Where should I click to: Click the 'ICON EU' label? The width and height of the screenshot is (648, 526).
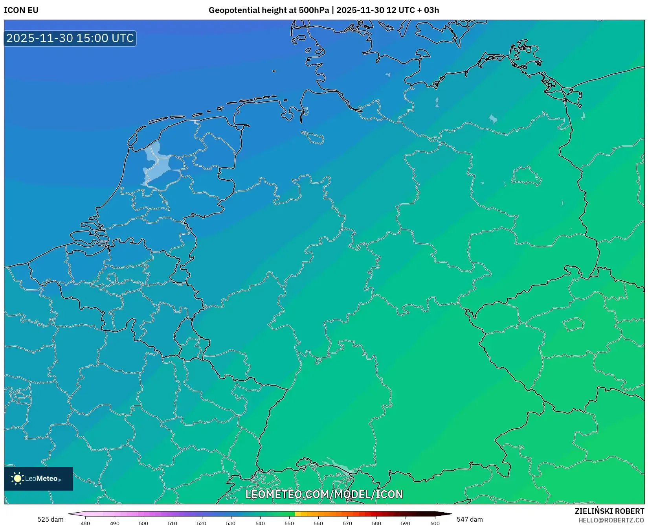pos(21,10)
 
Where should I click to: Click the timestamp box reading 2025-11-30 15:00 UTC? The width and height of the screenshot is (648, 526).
pos(70,38)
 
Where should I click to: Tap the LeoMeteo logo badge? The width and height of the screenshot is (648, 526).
pos(39,478)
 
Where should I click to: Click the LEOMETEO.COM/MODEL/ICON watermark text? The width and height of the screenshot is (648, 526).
pos(324,494)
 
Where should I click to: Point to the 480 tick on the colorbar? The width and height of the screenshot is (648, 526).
pos(85,523)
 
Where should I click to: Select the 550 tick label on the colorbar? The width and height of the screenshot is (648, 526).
pos(289,523)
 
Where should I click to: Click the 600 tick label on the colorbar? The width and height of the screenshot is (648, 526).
pos(435,523)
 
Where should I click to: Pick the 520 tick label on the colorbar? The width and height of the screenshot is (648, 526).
pos(202,523)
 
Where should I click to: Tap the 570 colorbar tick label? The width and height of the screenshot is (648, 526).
pos(347,523)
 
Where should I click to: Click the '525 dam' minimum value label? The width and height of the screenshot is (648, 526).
pos(50,519)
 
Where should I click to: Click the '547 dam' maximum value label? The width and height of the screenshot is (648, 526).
pos(470,519)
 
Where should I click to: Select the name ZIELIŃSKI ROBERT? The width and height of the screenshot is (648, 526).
pos(609,511)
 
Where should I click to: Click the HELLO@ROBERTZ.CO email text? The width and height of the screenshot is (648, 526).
pos(611,520)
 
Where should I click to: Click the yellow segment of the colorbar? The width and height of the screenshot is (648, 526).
pos(298,514)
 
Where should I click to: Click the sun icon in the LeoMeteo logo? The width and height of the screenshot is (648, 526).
pos(17,478)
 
